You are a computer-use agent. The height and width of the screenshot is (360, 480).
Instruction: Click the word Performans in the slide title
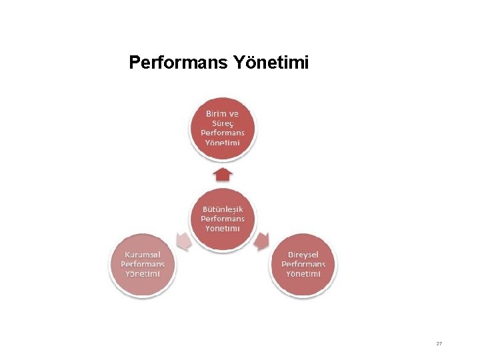(x=178, y=63)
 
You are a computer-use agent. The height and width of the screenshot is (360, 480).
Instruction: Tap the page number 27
(x=439, y=343)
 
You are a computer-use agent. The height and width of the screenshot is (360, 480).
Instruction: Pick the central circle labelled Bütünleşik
(x=223, y=219)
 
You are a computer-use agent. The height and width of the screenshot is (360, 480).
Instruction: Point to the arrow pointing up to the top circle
(x=223, y=175)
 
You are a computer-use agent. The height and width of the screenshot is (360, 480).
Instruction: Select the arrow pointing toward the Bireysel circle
(x=263, y=241)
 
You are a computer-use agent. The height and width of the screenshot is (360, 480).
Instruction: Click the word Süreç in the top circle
(x=223, y=123)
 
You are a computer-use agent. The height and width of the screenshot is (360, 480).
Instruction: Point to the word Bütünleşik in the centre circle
(x=223, y=209)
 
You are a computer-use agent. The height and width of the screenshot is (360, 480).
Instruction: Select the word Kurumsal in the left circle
(x=143, y=254)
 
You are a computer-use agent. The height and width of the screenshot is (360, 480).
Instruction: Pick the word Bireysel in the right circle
(x=303, y=255)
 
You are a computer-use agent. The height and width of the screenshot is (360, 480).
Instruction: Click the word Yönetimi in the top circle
(x=223, y=143)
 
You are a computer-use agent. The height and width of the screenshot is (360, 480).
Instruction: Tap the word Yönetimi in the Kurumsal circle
(x=143, y=273)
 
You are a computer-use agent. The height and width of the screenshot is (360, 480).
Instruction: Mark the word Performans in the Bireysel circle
(x=303, y=264)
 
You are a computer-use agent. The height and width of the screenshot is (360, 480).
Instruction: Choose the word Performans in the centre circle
(x=223, y=218)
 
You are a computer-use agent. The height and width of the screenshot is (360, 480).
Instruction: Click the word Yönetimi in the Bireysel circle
(x=303, y=273)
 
